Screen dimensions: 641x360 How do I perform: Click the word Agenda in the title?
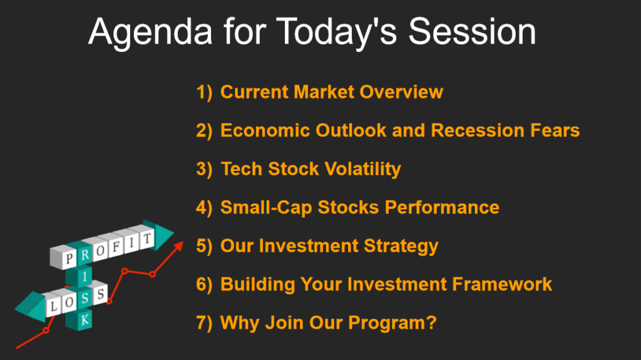[150, 33]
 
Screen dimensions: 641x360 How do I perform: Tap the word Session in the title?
[472, 31]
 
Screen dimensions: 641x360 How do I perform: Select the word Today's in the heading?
[337, 33]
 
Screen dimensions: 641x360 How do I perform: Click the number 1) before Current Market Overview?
[205, 92]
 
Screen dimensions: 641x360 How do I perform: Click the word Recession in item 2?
[477, 130]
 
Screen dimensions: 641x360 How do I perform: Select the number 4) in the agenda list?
[205, 208]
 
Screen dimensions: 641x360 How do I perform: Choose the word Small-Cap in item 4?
[266, 208]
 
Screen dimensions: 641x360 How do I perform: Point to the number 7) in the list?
[205, 323]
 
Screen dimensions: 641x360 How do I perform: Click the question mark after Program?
[432, 322]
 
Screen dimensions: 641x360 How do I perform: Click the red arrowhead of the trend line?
[178, 246]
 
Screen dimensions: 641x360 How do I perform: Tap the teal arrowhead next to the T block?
[163, 235]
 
